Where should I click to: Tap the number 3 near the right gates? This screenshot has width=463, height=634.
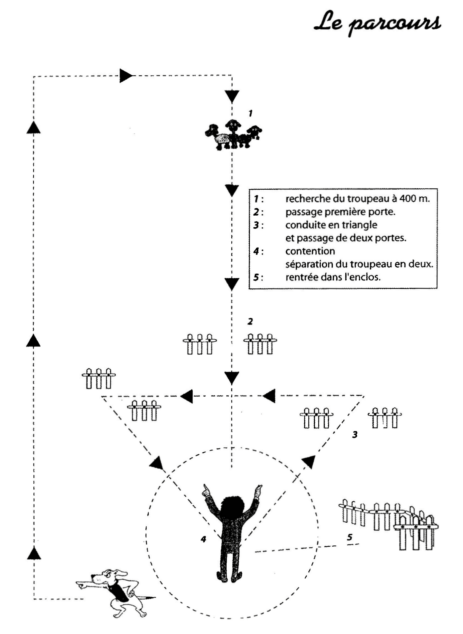355,434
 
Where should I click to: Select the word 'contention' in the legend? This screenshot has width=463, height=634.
310,251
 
